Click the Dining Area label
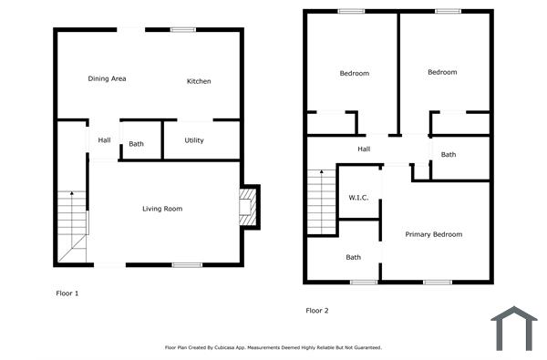click(107, 79)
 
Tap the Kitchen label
click(199, 82)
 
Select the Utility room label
click(194, 140)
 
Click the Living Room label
click(162, 210)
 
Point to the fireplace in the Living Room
click(248, 207)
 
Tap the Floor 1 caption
click(68, 293)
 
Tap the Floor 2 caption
click(317, 311)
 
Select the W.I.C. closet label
click(358, 198)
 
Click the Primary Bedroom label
click(434, 234)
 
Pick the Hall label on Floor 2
click(364, 149)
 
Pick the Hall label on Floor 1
click(104, 140)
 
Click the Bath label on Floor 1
click(136, 144)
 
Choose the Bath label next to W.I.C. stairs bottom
click(353, 258)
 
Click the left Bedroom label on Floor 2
click(355, 74)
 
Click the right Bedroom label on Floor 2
click(442, 72)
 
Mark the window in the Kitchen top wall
click(183, 30)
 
